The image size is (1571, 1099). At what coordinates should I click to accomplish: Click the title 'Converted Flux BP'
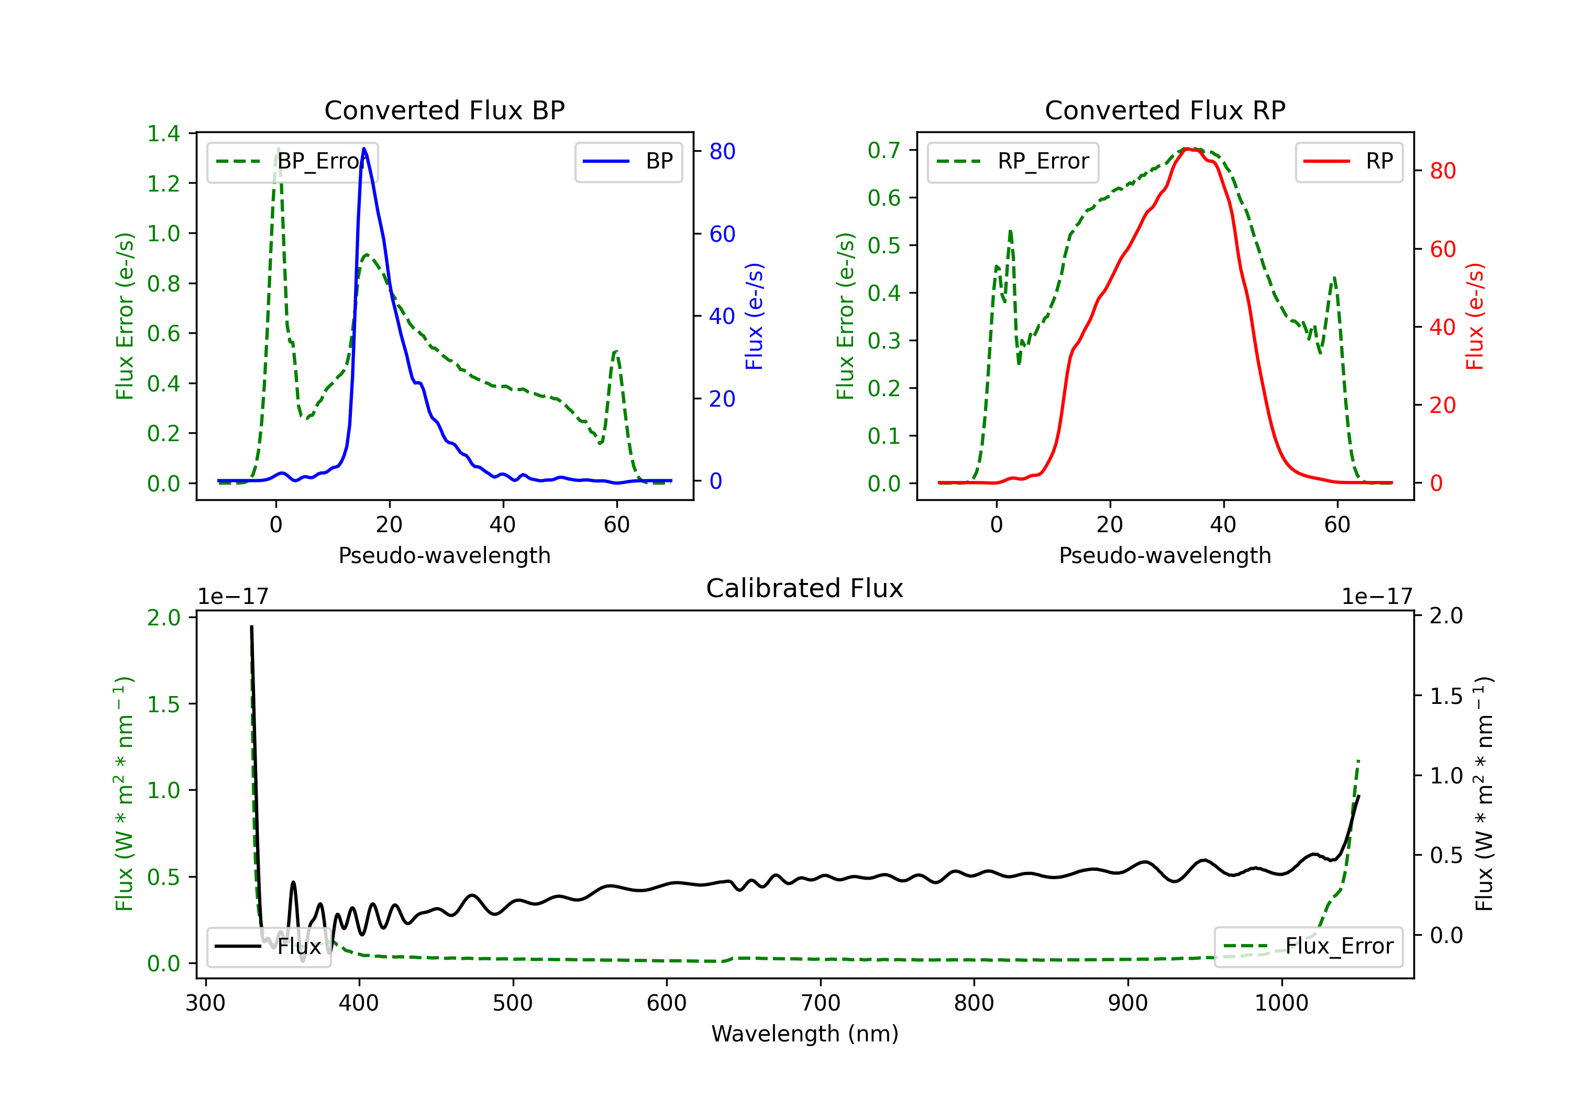444,110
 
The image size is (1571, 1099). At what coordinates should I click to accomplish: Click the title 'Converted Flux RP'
1165,110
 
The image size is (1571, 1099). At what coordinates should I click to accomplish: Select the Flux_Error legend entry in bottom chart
1308,947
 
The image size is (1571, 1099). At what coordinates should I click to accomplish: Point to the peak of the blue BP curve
364,149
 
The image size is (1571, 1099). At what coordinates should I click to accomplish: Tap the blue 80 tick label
722,151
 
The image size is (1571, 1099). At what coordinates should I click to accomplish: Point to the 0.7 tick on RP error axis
884,150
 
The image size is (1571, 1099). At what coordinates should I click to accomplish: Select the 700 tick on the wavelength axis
821,1003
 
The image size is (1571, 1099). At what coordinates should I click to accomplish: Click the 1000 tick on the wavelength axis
1281,1003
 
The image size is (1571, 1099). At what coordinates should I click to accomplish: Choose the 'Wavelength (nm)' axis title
805,1034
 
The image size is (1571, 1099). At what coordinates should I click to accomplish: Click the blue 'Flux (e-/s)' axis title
754,316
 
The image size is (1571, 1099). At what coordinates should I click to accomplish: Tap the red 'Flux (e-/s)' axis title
1475,316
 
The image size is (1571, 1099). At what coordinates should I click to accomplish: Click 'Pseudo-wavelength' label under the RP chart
1165,555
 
